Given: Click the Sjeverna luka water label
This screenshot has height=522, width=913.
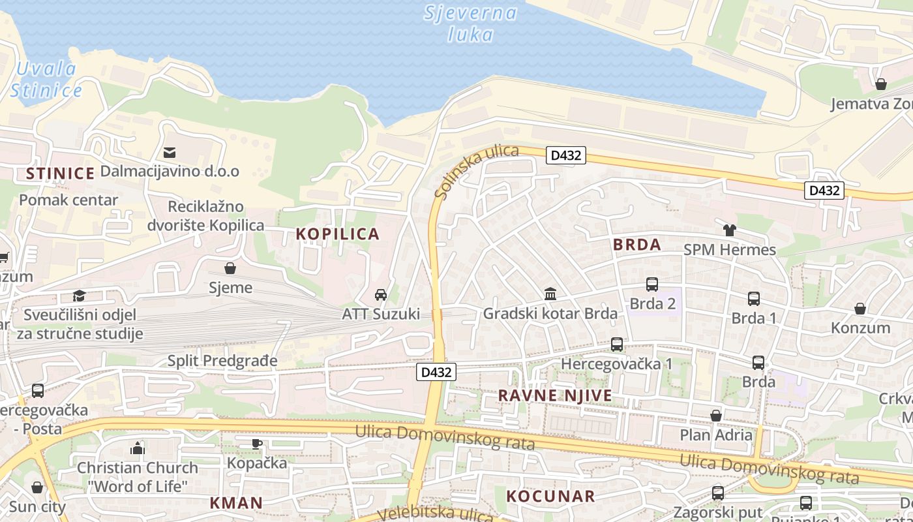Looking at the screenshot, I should pos(470,23).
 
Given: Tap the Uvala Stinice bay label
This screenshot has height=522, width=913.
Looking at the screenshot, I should pos(46,79).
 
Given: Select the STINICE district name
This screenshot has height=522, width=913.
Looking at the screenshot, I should pos(60,174).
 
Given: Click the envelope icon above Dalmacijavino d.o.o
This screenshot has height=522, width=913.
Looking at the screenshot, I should pos(170,153).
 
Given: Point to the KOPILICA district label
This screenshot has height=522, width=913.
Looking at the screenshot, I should pos(337,234).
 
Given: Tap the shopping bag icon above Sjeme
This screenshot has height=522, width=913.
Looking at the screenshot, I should pos(230,268).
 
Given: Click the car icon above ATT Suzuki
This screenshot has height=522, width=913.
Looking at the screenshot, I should pos(381,295).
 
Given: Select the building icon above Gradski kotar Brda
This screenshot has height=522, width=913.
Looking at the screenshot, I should pos(550,294).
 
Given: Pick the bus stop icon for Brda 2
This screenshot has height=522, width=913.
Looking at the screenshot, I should pos(652,284).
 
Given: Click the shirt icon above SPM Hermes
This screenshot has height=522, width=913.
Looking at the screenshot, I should pos(729,230).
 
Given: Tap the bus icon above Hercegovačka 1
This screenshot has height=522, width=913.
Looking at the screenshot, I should pos(616,345).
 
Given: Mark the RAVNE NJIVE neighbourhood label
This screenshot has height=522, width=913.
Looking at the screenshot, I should pos(555,395).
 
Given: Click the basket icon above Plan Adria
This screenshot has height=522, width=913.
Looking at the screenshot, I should pos(716,416).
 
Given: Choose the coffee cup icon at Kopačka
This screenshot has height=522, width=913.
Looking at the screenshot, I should pos(257,444).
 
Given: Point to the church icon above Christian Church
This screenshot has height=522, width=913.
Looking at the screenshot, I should pos(137,448).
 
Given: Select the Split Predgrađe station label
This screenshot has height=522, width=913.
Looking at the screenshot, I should pos(222,361).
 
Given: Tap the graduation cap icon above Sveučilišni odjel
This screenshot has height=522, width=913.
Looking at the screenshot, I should pos(80,296).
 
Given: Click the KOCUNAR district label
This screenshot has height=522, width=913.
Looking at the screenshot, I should pos(550,496).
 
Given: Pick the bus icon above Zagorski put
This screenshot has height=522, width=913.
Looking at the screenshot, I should pos(718,493).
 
